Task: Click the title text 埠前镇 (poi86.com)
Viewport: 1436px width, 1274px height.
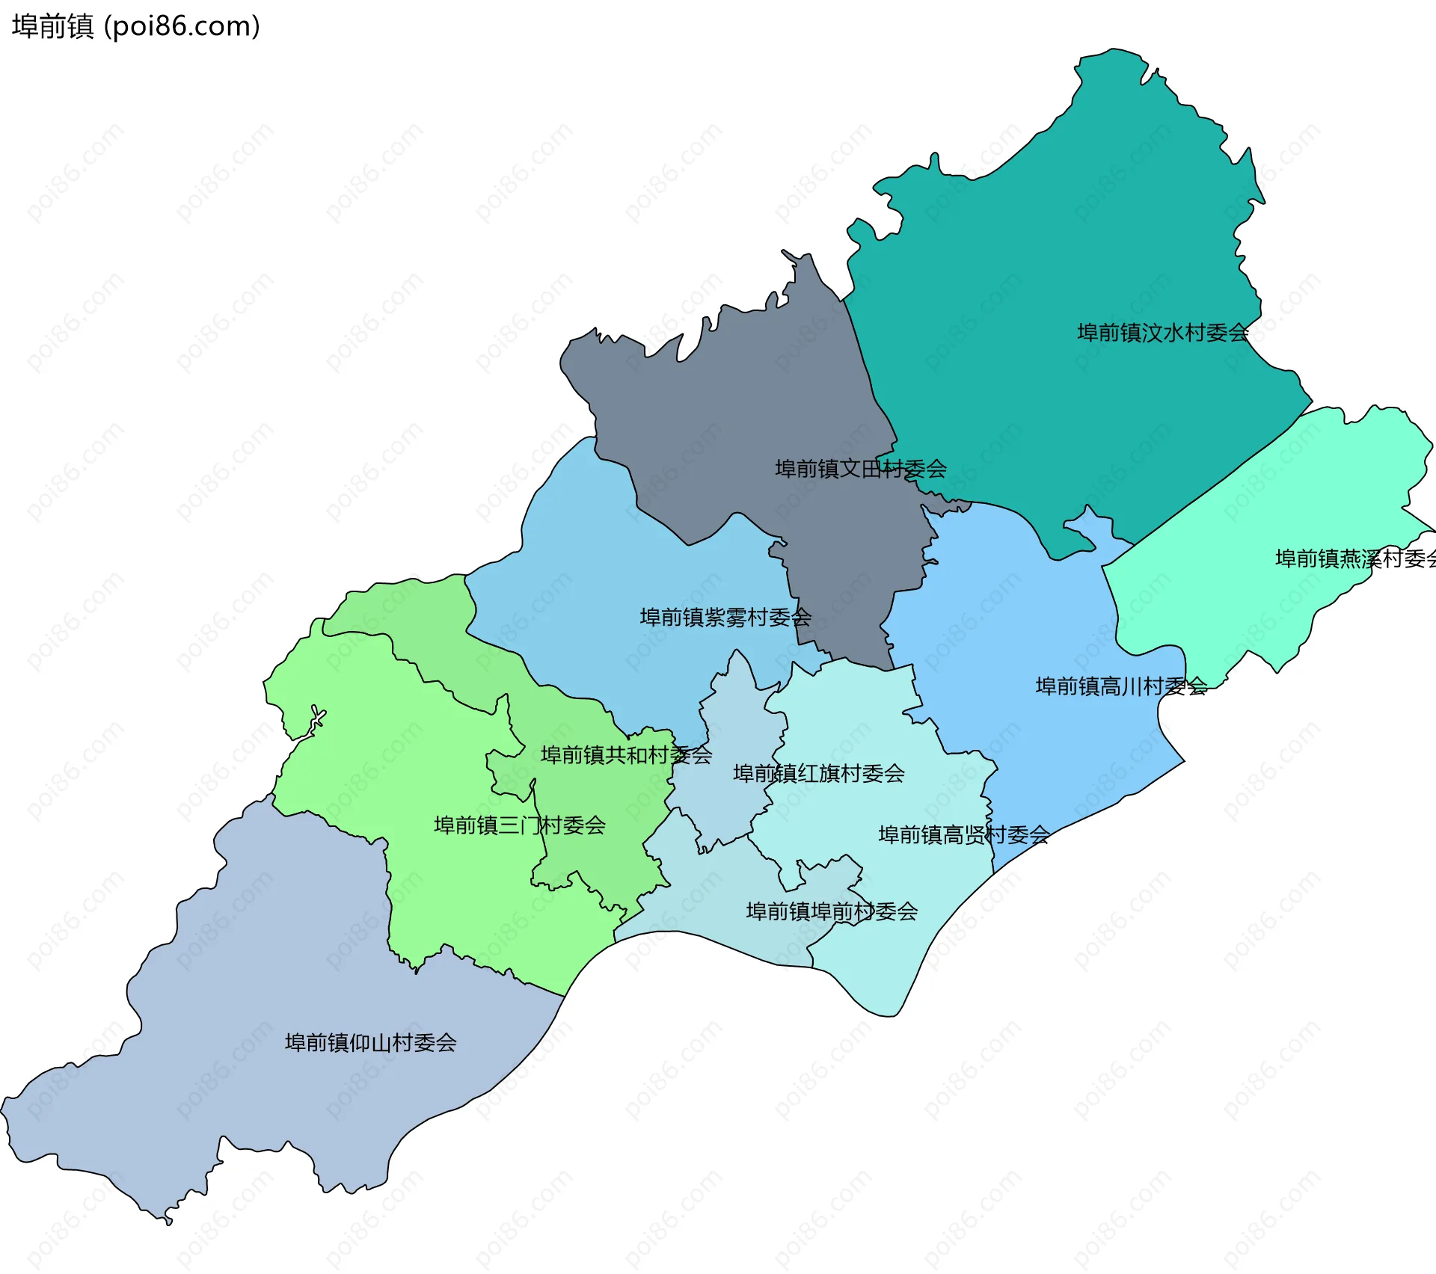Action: click(x=135, y=26)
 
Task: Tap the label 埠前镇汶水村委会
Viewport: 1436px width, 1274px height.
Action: click(x=1162, y=333)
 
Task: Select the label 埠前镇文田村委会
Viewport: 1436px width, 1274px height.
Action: click(x=860, y=469)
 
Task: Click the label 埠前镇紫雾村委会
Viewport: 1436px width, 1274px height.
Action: click(x=725, y=618)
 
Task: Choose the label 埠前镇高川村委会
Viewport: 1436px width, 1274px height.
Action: click(x=1120, y=686)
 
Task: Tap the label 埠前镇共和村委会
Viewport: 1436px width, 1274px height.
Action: click(x=626, y=755)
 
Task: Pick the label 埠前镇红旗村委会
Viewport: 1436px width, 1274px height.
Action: click(x=818, y=773)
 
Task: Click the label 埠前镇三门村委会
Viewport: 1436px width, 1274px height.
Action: click(x=519, y=825)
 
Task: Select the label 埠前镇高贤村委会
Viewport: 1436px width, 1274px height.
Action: click(x=963, y=835)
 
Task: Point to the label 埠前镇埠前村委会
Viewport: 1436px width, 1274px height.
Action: click(x=832, y=911)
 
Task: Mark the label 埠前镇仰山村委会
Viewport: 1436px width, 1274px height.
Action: click(x=370, y=1043)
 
